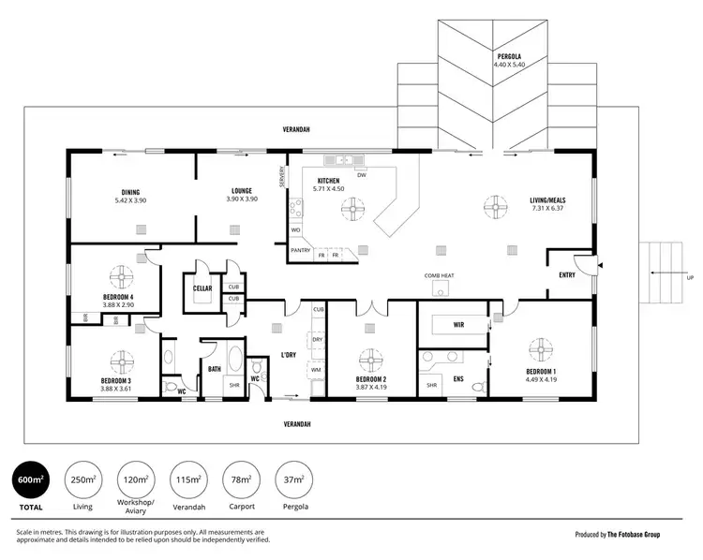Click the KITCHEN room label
coord(328,180)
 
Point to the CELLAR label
coord(202,287)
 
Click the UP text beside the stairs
coord(691,277)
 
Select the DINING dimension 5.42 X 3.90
coord(130,199)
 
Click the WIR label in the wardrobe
coord(459,325)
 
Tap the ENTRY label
coord(567,275)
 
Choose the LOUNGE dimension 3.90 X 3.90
coord(242,199)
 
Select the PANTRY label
coord(300,250)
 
